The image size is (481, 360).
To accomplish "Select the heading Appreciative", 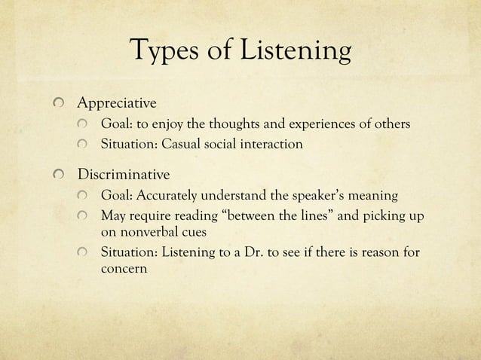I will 117,102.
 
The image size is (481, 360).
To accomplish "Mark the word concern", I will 125,268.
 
